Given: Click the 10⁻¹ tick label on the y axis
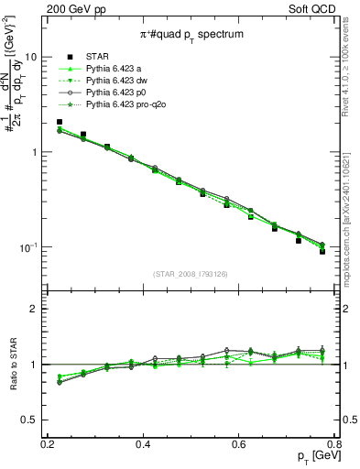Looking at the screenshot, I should [x=28, y=247].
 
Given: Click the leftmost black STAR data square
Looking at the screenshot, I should [x=60, y=122].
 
